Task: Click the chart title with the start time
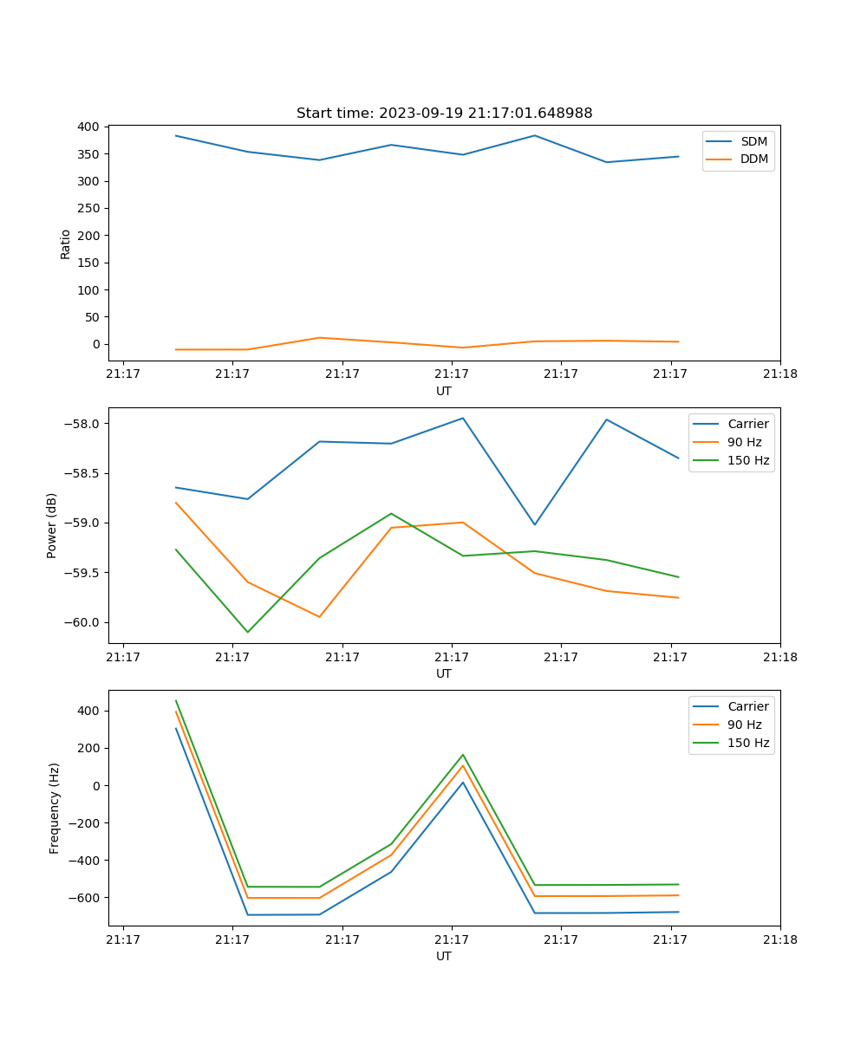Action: [444, 114]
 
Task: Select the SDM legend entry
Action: [753, 141]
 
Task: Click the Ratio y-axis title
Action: [66, 244]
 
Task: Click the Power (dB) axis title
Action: [52, 525]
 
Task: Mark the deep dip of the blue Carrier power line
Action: [534, 524]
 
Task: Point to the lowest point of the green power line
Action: [248, 632]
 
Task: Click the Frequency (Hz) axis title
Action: [55, 808]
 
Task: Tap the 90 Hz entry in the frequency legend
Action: [745, 725]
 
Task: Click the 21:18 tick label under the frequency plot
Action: [779, 939]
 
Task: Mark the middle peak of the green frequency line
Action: [462, 755]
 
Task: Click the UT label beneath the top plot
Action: [444, 391]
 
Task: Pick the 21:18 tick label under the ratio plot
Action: [779, 374]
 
